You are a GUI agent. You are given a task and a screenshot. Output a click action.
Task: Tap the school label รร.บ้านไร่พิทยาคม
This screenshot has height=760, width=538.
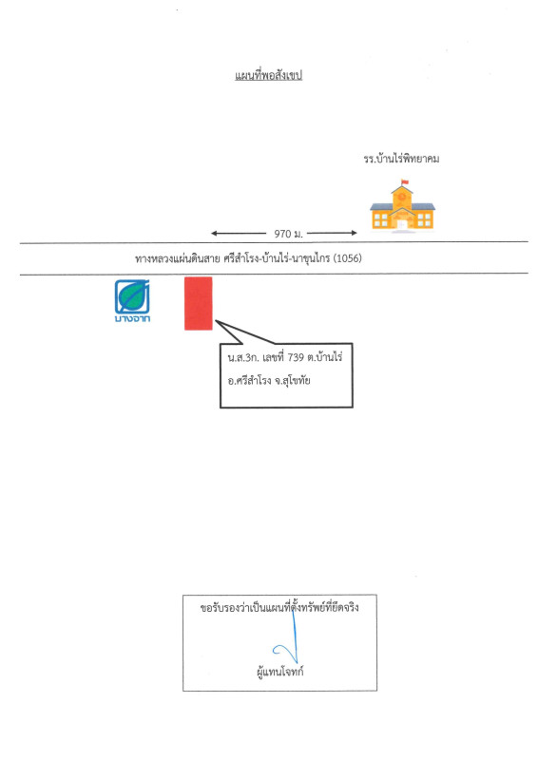(x=400, y=159)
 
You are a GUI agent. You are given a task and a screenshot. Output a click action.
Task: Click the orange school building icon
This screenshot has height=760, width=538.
(x=402, y=208)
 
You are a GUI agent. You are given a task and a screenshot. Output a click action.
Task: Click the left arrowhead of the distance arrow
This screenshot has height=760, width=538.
(x=215, y=233)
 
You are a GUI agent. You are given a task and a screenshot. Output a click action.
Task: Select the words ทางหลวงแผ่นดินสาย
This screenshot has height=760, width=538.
(x=177, y=258)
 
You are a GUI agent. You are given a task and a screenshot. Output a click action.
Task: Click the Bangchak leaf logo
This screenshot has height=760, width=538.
(x=132, y=296)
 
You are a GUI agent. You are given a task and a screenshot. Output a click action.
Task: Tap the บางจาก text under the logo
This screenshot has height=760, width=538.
(x=132, y=319)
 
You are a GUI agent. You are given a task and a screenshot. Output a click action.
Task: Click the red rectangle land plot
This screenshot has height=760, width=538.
(x=198, y=303)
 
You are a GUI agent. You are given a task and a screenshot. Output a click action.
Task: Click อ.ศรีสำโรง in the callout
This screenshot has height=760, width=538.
(x=250, y=381)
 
